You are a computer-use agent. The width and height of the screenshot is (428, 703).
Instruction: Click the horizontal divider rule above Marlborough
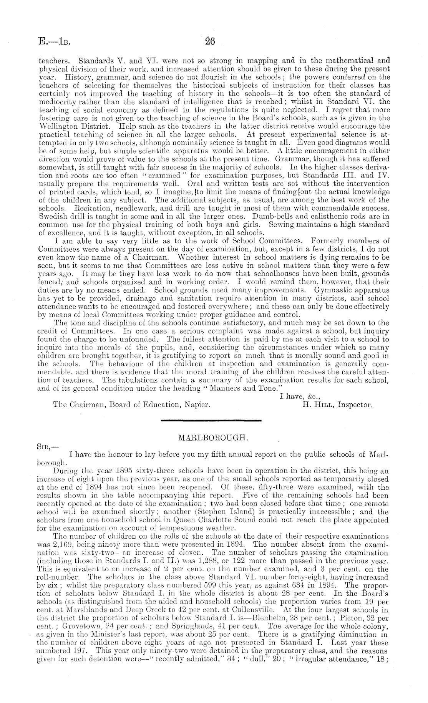click(211, 421)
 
